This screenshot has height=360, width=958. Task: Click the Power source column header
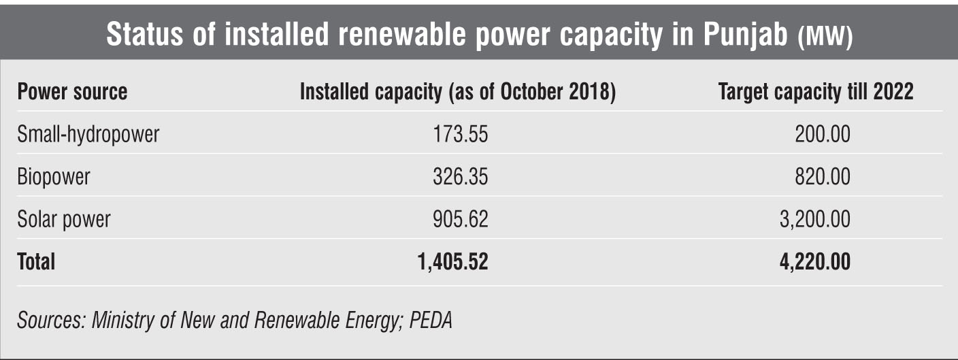tap(72, 92)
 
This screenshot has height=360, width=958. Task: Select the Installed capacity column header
tap(458, 92)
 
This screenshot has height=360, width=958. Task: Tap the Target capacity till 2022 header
tap(816, 92)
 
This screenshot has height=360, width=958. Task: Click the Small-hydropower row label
tap(88, 134)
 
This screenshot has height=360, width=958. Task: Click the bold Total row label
tap(36, 261)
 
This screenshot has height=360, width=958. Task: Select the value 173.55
tap(461, 134)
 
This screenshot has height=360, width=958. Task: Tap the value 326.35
tap(461, 177)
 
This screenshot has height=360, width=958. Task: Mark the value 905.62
tap(461, 219)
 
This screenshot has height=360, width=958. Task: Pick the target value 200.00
tap(823, 134)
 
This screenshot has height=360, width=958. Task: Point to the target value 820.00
tap(823, 177)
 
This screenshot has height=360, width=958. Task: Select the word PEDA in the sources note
tap(431, 320)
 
